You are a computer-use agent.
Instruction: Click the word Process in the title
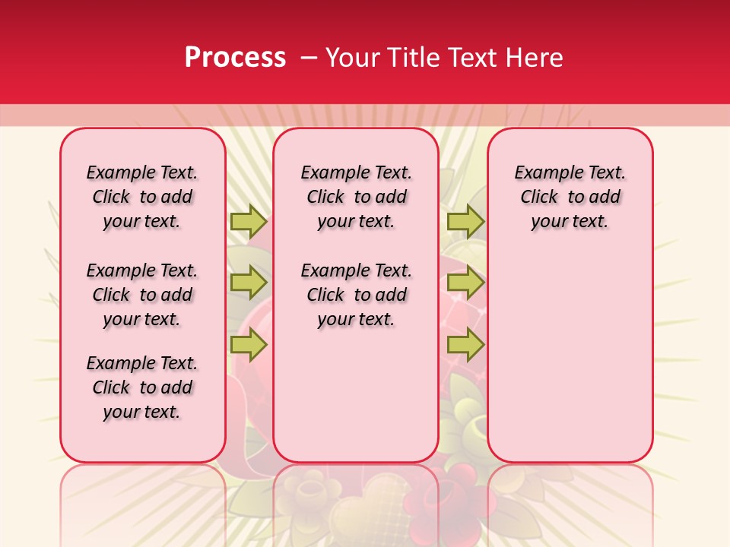point(235,58)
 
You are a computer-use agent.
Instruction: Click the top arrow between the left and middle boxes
point(249,222)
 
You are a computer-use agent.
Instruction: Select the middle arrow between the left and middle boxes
point(249,283)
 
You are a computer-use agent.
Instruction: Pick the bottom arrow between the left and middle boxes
point(249,346)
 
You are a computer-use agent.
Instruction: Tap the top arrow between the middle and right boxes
point(465,222)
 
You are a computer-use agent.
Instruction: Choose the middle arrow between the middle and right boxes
point(465,283)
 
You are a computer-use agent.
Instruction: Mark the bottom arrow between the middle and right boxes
point(465,346)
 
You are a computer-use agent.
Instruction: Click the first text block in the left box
point(142,197)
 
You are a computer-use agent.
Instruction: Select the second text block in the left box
point(142,295)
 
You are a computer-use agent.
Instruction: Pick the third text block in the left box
point(142,387)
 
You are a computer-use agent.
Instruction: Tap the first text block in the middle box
point(356,197)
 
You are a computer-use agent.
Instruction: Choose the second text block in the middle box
point(356,295)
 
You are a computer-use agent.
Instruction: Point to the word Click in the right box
point(539,197)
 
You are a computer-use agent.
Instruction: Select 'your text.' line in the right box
point(570,222)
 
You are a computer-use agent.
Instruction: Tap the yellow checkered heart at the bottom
point(365,517)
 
